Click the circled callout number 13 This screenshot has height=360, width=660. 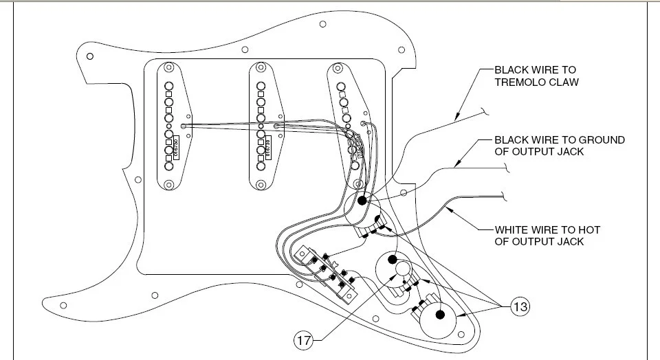pyautogui.click(x=520, y=306)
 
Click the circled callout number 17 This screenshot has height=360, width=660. pyautogui.click(x=302, y=339)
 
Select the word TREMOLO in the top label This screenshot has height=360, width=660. pyautogui.click(x=520, y=82)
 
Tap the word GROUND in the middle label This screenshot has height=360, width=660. pyautogui.click(x=603, y=139)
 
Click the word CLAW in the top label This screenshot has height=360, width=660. pyautogui.click(x=563, y=82)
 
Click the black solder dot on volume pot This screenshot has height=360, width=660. pyautogui.click(x=362, y=200)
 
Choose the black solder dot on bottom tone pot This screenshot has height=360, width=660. pyautogui.click(x=441, y=315)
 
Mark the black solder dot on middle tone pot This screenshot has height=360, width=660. pyautogui.click(x=392, y=259)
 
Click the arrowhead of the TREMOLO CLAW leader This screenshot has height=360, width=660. pyautogui.click(x=456, y=119)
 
